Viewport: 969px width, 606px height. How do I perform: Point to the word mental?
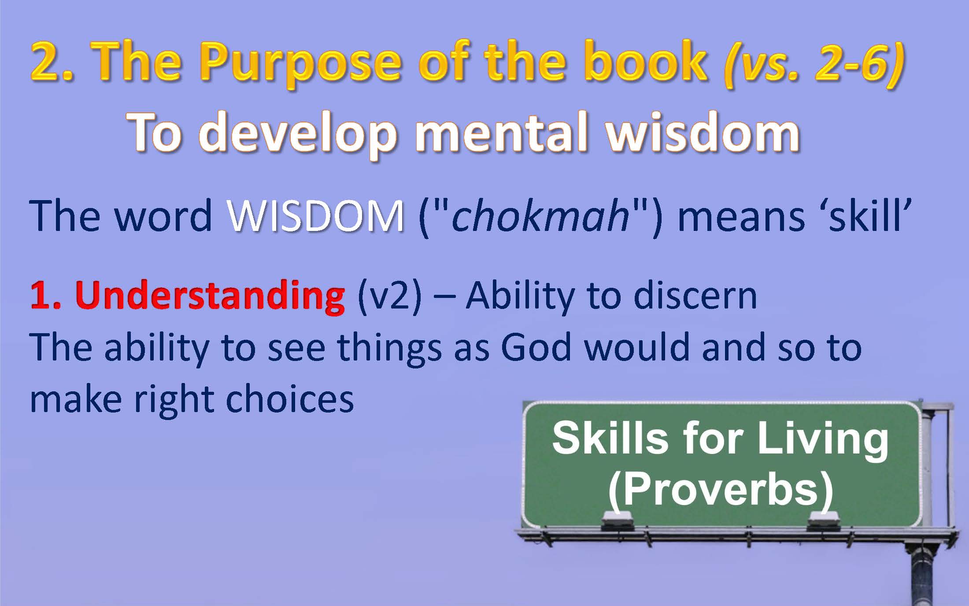(505, 131)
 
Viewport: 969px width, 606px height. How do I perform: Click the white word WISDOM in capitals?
(315, 216)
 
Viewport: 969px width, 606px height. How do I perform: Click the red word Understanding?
(211, 295)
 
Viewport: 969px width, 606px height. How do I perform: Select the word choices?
(289, 398)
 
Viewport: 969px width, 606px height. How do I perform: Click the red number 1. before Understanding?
(46, 295)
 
